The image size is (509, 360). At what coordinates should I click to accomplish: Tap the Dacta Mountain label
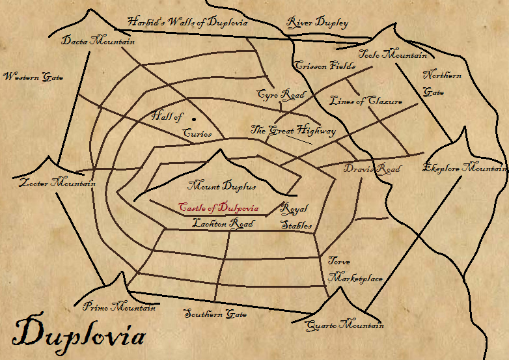(98, 41)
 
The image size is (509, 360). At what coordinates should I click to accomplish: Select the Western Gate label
(33, 77)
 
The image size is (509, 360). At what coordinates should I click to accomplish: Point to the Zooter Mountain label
(57, 183)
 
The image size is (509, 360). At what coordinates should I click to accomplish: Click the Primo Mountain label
(120, 307)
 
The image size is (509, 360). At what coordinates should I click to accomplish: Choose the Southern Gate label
(215, 314)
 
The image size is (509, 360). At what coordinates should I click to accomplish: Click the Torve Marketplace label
(354, 270)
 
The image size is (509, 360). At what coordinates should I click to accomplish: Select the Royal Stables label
(296, 217)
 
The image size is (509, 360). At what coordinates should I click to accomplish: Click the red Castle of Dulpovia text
(219, 208)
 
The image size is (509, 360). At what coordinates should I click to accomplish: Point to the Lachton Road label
(223, 223)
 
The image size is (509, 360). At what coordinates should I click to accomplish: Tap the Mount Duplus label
(221, 186)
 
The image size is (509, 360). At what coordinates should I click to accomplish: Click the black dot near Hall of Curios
(194, 118)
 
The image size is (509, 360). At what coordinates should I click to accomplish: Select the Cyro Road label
(281, 95)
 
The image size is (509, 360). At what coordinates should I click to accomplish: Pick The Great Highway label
(293, 131)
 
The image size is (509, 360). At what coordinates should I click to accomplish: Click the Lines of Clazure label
(366, 102)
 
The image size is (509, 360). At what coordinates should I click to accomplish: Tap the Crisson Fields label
(325, 66)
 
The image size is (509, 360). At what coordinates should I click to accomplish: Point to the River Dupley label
(318, 23)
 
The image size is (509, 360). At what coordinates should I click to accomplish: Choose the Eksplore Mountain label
(464, 168)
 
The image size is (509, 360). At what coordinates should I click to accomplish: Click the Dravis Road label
(372, 169)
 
